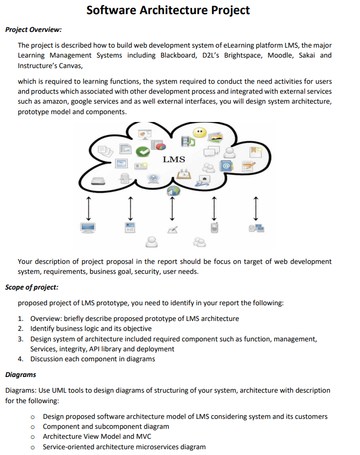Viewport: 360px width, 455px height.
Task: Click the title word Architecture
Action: coord(167,9)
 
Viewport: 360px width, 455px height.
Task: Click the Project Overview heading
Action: coord(33,29)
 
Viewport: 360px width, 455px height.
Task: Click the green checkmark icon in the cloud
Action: coord(142,152)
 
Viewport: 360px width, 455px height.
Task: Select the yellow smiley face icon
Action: coord(199,132)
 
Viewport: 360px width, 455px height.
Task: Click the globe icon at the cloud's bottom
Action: coord(173,192)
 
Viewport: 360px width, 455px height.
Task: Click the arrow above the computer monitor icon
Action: coord(88,208)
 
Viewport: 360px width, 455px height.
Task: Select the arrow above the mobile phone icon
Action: coord(213,208)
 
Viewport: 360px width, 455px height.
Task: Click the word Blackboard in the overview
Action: coord(178,56)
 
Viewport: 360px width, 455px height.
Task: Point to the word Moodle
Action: coord(280,56)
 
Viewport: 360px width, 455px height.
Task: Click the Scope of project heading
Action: coord(32,287)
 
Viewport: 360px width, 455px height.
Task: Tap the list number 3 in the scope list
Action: coord(20,339)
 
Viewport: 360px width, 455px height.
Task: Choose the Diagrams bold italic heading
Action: coord(20,375)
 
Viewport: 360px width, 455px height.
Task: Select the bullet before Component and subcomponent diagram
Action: coord(32,427)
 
